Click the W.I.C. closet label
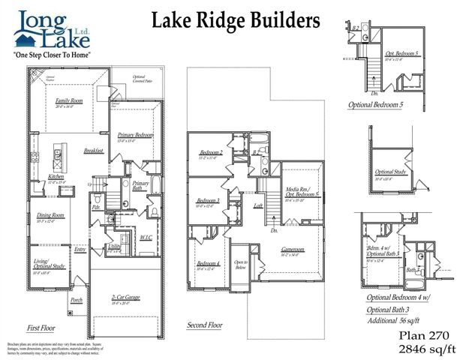coord(146,238)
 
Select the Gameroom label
coord(293,250)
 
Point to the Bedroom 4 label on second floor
coord(208,264)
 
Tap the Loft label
coord(257,205)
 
